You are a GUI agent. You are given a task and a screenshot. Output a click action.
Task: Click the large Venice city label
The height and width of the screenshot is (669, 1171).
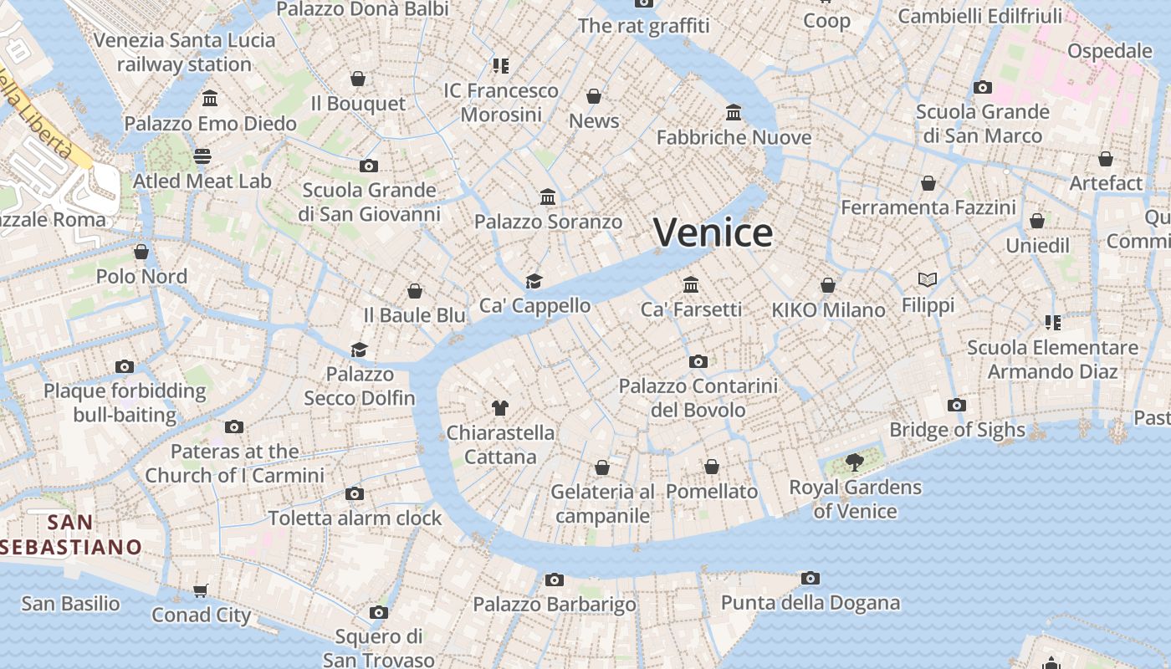coord(713,232)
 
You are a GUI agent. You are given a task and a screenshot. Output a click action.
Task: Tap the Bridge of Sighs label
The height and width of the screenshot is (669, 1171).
coord(957,430)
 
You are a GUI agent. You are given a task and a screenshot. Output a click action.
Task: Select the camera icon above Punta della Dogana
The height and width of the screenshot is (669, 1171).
coord(810,578)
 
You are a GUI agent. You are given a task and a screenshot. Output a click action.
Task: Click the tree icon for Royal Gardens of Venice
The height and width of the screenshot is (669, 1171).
coord(854,462)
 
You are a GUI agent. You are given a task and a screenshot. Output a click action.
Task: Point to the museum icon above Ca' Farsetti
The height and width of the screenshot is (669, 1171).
coord(690,284)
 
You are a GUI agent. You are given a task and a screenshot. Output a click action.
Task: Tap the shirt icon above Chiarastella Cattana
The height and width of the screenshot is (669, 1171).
coord(499,408)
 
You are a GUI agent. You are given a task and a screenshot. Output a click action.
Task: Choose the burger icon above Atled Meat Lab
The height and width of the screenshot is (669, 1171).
coord(202,156)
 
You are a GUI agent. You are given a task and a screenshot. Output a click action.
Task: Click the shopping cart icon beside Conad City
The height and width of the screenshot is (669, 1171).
coord(200,591)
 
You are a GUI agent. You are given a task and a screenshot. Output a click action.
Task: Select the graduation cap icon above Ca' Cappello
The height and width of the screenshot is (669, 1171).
coord(534,281)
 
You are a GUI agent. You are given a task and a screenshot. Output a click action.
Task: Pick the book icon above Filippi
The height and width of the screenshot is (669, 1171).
coord(927,279)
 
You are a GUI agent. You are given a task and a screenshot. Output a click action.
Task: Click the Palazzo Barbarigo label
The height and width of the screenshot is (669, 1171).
coord(555,604)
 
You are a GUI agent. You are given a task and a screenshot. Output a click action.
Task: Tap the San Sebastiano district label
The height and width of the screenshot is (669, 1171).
coord(71,535)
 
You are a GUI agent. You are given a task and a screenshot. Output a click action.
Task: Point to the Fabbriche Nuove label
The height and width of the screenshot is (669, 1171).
coord(734,137)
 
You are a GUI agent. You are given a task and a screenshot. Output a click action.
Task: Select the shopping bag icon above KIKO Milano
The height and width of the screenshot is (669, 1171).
coord(827,285)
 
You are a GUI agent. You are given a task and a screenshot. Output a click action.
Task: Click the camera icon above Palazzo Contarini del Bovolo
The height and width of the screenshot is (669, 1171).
coord(698,361)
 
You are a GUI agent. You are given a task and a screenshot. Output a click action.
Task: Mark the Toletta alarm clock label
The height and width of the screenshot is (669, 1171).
coord(355,518)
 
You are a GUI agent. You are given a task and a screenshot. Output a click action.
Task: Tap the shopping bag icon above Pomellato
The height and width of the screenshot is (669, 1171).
coord(711,467)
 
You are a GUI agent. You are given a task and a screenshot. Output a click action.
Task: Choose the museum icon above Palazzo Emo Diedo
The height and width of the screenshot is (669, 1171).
coord(210,99)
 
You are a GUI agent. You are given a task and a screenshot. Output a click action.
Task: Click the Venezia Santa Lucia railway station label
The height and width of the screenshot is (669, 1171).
coord(184,52)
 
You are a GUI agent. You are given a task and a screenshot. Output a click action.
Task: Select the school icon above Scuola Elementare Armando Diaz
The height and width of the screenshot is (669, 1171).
coord(1052,322)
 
